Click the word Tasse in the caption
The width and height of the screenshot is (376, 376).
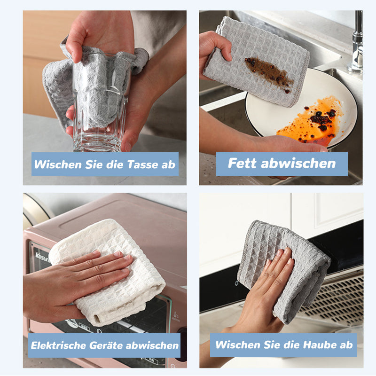[143, 164]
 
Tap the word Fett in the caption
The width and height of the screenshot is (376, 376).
[243, 163]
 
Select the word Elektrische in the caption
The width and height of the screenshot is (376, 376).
[58, 345]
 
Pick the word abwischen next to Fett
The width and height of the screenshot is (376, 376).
[298, 163]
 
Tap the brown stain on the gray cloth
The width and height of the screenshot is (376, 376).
[269, 73]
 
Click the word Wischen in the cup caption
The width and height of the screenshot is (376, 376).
[58, 164]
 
